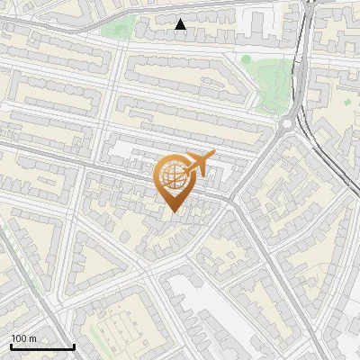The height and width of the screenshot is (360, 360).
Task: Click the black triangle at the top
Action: pos(181,24)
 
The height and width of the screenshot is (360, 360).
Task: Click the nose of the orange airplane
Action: pos(213,154)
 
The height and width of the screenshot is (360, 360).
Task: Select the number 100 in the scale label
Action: pos(19,338)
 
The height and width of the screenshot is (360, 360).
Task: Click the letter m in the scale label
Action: pos(33,338)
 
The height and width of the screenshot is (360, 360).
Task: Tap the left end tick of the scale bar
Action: pos(11,346)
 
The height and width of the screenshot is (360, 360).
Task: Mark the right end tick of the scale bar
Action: pos(74,346)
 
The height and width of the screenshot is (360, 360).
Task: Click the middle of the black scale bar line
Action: pos(42,347)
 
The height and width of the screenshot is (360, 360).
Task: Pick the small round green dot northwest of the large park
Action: pos(246,59)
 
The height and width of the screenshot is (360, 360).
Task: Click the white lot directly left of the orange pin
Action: pos(126,153)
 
